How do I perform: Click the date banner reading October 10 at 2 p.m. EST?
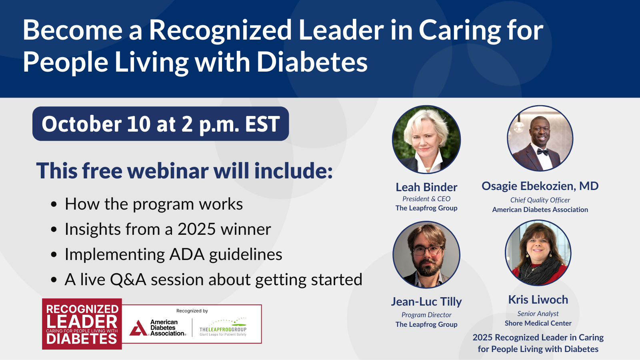coord(160,124)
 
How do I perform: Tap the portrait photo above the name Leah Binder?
coord(426,140)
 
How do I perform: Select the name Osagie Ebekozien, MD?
coord(540,186)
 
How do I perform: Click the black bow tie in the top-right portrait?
coord(542,152)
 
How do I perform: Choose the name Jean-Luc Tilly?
coord(426,302)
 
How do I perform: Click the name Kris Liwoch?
coord(538,300)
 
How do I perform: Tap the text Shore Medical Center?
coord(538,323)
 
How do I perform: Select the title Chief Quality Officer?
coord(540,200)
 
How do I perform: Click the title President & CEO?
coord(426,198)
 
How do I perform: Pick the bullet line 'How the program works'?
coord(154,204)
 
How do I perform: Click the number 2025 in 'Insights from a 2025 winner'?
coord(196,229)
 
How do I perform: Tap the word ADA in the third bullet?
coord(187,254)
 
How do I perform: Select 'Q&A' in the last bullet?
coord(128,280)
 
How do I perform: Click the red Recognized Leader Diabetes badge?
coord(82,324)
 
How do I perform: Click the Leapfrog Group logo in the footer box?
coord(223,327)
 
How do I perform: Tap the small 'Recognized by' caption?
coord(192,311)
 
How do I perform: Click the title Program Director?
coord(426,315)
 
